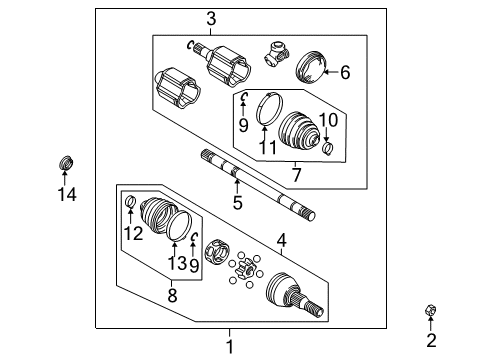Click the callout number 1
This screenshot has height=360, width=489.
coord(229,346)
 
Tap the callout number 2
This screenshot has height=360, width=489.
coord(431,341)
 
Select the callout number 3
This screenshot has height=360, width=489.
coord(211,18)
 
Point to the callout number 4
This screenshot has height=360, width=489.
coord(282,240)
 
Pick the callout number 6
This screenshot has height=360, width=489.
coord(345,72)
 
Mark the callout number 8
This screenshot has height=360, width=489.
coord(172,295)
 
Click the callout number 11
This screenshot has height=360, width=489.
coord(266,147)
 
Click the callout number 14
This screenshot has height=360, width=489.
coord(66,195)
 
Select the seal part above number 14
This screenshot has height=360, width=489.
coord(67,161)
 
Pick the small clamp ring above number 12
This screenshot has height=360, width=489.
coord(130,206)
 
